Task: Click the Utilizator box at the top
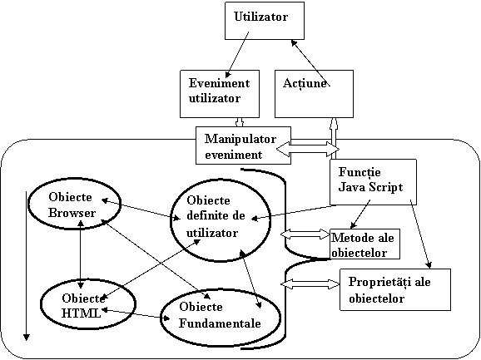coord(265,21)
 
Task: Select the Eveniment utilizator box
coord(220,94)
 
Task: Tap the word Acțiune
coord(305,83)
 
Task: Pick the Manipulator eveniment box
coord(243,145)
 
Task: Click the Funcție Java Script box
coord(373,182)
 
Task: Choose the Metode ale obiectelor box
coord(364,244)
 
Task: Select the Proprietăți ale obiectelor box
coord(395,289)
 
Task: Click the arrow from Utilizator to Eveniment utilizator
coord(237,55)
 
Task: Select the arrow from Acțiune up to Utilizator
coord(310,63)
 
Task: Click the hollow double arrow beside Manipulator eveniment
coord(308,149)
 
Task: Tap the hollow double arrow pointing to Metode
coord(305,234)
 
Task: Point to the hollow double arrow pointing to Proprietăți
coord(310,284)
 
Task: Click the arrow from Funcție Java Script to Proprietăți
coord(421,234)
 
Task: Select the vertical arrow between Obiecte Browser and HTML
coord(81,254)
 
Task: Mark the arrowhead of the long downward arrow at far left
coord(27,338)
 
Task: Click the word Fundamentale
coord(220,323)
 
